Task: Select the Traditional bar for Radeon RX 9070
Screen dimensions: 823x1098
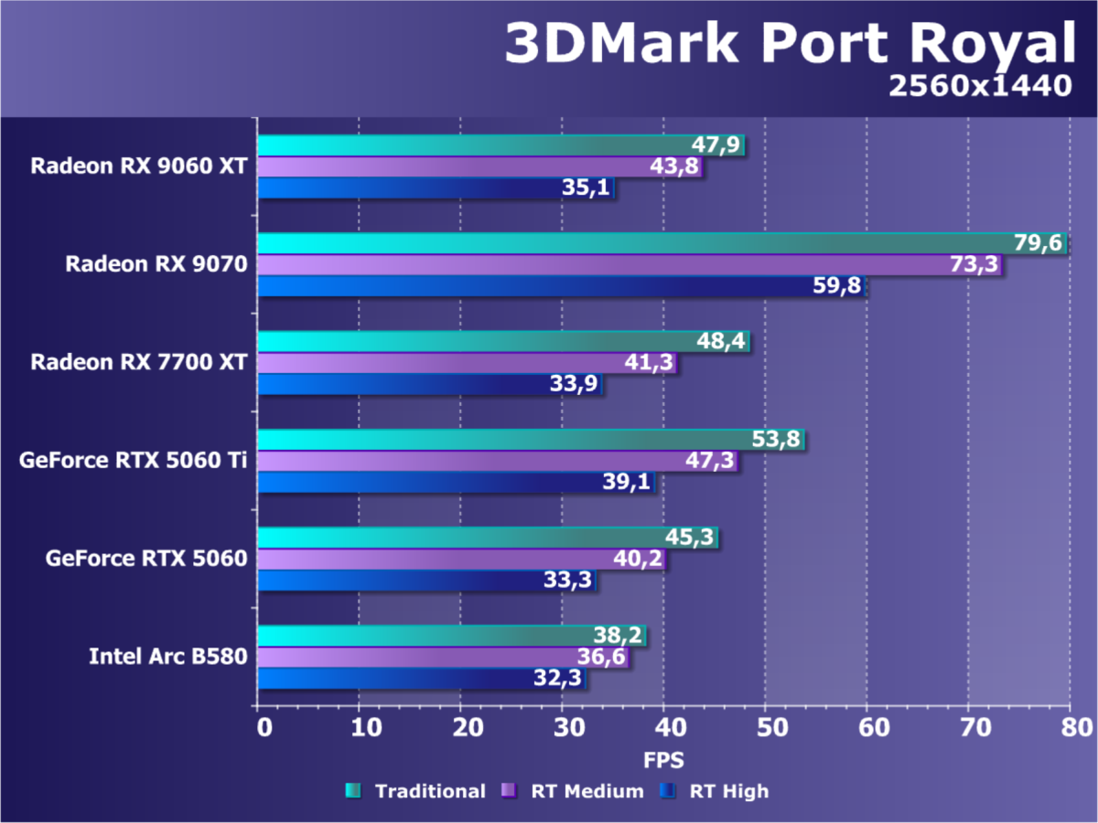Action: coord(662,243)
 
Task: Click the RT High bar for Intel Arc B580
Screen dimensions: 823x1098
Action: coord(421,679)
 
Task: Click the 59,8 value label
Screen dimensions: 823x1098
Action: coord(837,286)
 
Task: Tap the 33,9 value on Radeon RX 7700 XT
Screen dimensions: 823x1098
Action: coord(575,384)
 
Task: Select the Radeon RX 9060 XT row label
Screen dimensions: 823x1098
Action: coord(138,166)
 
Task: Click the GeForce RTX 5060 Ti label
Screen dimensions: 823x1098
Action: coord(133,460)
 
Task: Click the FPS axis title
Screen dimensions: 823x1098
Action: coord(662,760)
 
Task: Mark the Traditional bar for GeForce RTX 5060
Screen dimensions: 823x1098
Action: coord(487,537)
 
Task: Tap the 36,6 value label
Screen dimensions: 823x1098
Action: coord(600,657)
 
